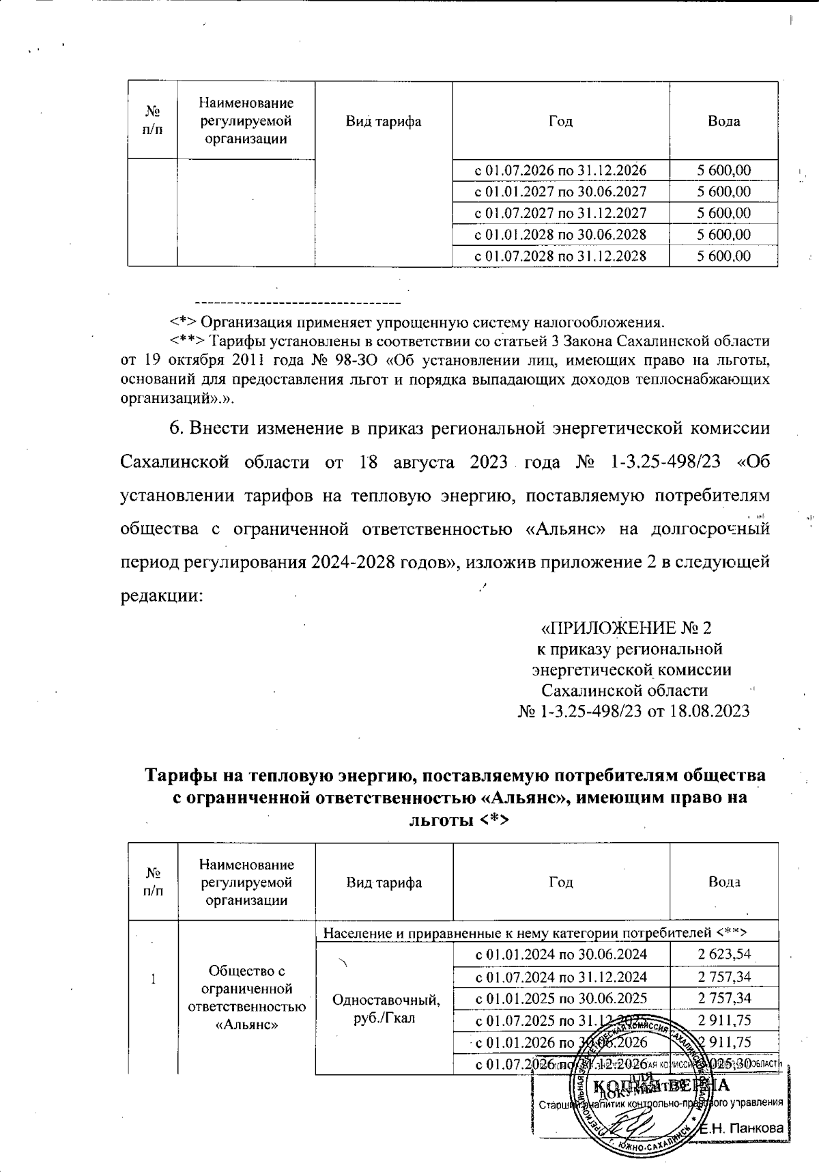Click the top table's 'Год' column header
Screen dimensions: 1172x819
[x=560, y=122]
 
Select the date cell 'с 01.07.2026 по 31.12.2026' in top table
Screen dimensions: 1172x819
[x=560, y=170]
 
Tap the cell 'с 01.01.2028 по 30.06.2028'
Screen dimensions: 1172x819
[x=560, y=235]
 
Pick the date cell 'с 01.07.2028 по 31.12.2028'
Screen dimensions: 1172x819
[x=560, y=257]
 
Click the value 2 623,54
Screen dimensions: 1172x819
[x=723, y=954]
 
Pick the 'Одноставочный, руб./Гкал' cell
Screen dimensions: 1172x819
[x=384, y=1008]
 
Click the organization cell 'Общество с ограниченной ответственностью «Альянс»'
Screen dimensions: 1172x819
[x=246, y=997]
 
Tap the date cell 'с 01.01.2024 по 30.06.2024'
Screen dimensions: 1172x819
[x=560, y=954]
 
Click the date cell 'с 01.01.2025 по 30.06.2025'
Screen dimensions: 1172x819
[x=560, y=998]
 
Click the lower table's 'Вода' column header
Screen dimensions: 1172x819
[x=723, y=882]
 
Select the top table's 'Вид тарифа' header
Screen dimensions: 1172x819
[x=384, y=122]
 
